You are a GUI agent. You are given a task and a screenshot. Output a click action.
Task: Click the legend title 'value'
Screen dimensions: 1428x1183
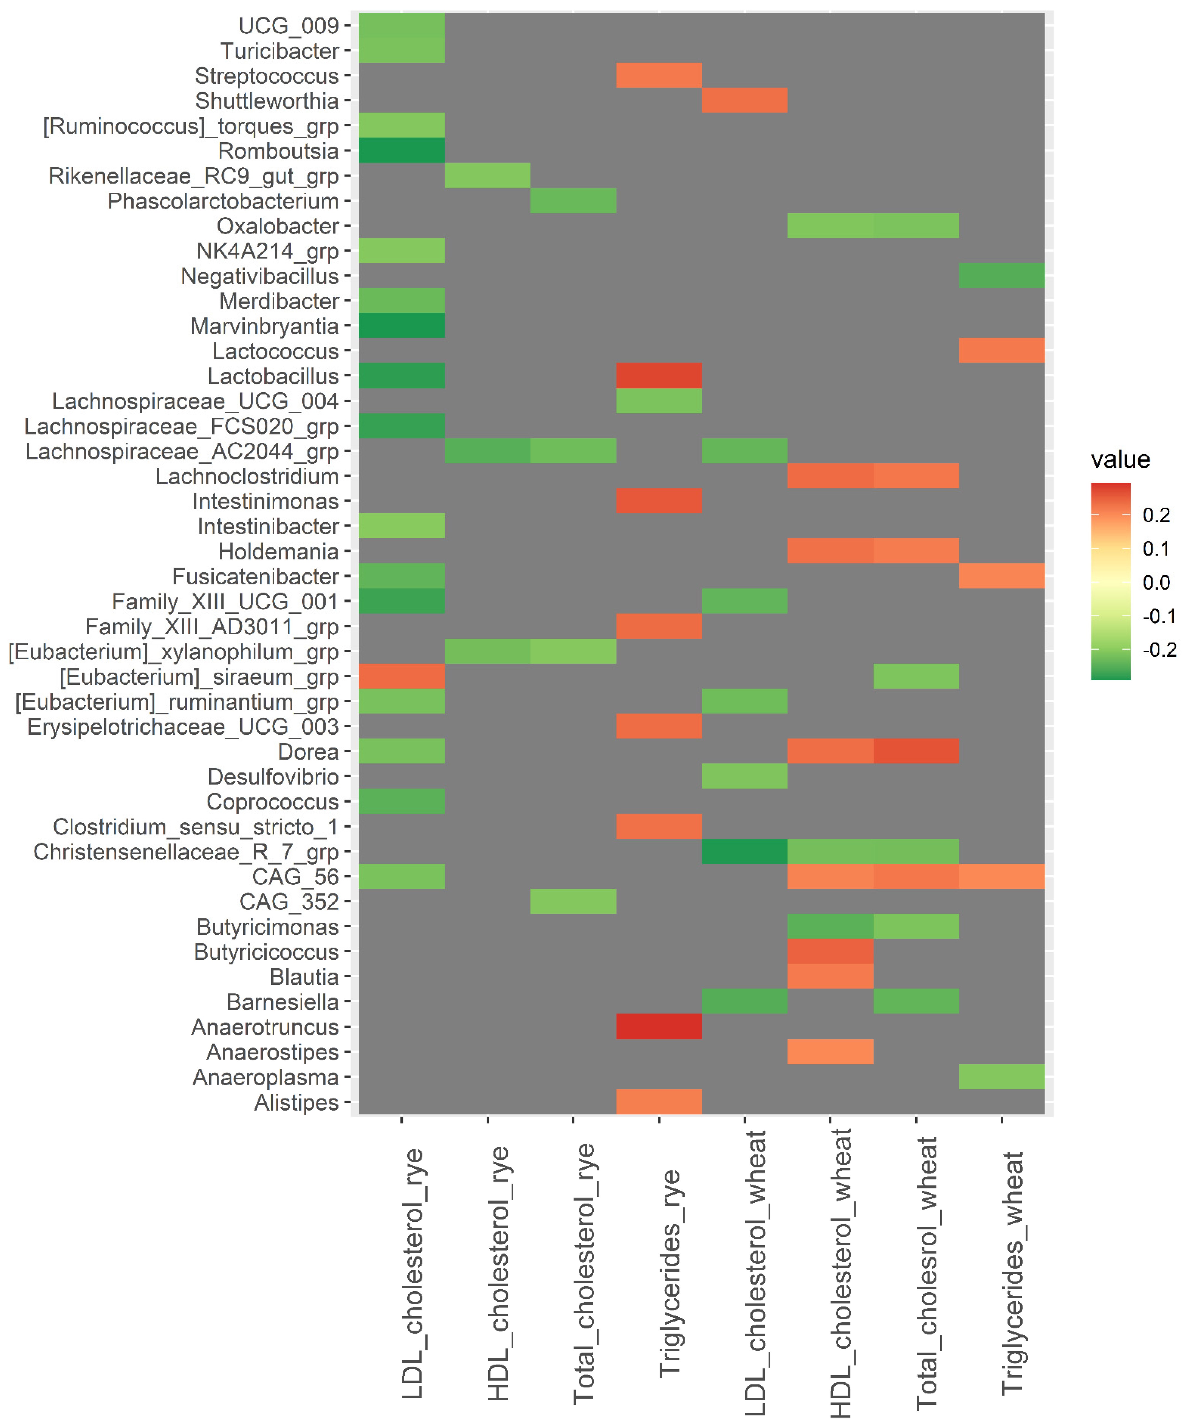[1120, 460]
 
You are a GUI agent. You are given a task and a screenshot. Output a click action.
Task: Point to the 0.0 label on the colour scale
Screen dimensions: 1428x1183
[1156, 582]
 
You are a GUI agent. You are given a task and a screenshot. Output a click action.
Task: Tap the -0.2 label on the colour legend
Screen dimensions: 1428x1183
[1159, 649]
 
